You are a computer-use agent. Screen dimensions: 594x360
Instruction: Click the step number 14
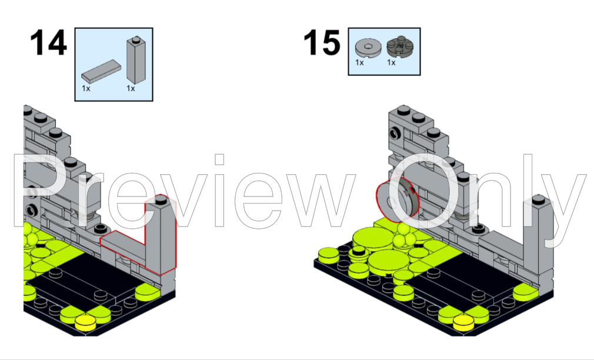(48, 43)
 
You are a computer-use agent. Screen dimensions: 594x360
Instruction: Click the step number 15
(322, 43)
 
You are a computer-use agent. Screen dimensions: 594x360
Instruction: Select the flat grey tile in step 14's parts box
(101, 71)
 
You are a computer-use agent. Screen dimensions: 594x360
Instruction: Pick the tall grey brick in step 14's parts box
(136, 60)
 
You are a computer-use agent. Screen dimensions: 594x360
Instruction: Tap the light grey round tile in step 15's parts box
(368, 48)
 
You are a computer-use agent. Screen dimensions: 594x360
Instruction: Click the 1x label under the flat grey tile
(86, 88)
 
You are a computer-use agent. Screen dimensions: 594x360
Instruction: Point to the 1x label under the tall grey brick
(131, 88)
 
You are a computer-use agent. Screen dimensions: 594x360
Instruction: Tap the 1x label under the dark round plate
(391, 62)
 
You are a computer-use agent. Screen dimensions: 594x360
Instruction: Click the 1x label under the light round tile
(359, 62)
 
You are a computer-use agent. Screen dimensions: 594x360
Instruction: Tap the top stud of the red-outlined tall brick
(161, 199)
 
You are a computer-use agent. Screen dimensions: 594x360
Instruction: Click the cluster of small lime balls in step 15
(403, 236)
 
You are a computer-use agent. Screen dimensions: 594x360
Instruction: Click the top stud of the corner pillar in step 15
(538, 199)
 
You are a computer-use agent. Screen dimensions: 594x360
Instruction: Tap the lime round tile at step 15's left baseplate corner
(329, 255)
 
